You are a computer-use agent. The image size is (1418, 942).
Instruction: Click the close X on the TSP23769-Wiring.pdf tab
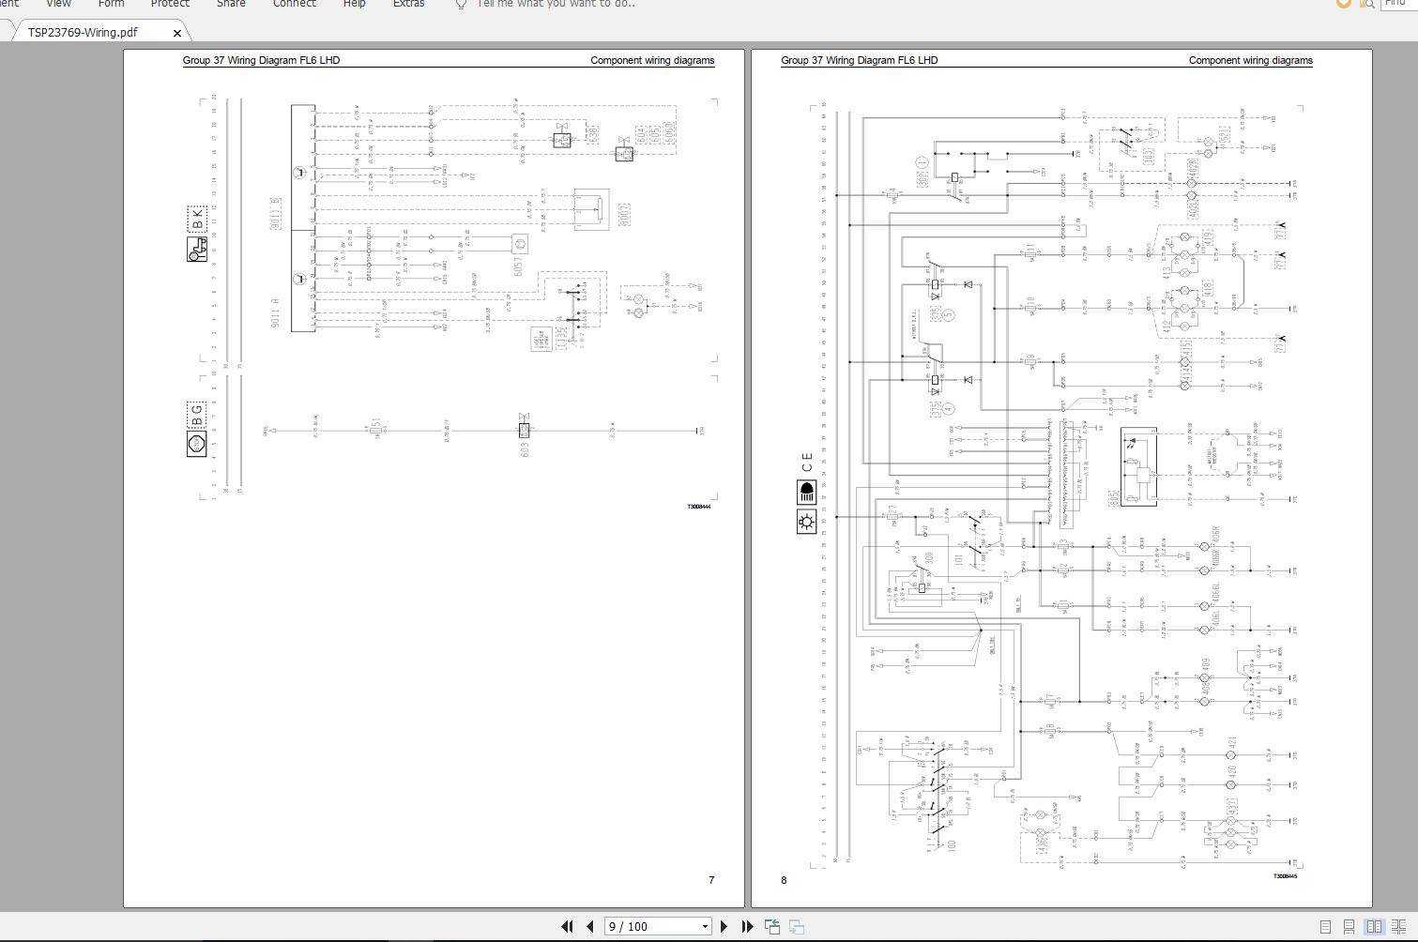[177, 33]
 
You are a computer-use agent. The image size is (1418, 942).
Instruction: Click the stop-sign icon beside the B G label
[196, 444]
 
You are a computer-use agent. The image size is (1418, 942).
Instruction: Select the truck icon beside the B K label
[197, 250]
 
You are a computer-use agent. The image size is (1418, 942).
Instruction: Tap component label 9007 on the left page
[624, 214]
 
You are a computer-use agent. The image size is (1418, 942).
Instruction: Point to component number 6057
[517, 266]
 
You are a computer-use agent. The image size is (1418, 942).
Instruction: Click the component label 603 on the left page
[525, 448]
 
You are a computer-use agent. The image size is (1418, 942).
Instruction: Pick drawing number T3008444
[698, 507]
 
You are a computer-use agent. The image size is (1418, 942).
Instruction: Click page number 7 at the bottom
[711, 880]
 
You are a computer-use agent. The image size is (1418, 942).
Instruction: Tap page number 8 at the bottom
[785, 880]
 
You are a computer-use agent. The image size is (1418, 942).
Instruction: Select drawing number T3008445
[1285, 876]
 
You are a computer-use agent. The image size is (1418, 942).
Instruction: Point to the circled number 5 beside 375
[948, 314]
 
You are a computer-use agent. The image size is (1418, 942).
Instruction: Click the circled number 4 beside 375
[948, 408]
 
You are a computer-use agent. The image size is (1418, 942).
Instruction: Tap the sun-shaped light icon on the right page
[806, 522]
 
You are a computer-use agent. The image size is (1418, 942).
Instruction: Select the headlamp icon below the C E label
[806, 492]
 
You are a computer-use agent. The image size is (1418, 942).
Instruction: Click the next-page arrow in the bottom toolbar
[724, 926]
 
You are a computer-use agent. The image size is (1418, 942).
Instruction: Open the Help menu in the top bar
[354, 4]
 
